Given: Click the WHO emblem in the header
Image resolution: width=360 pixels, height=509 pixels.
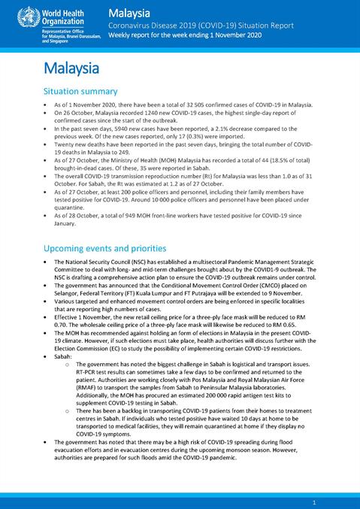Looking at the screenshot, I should [14, 17].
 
